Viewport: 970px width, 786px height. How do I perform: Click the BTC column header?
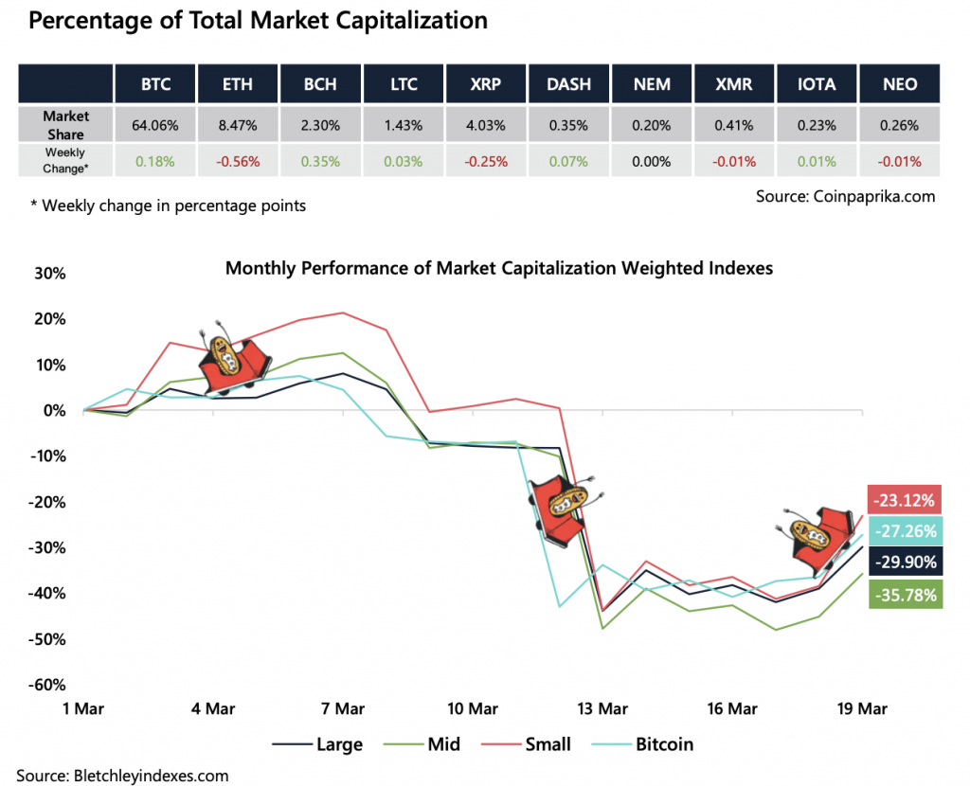click(x=155, y=83)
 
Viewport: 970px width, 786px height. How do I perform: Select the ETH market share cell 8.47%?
click(x=238, y=124)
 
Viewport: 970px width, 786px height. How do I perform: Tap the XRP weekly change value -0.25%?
click(x=485, y=160)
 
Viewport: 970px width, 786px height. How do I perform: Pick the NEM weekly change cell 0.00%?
click(x=652, y=160)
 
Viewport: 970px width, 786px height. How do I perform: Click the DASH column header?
click(x=568, y=83)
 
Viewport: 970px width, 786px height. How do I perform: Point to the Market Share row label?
click(x=66, y=124)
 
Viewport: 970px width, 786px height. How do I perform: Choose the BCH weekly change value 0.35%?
click(x=321, y=160)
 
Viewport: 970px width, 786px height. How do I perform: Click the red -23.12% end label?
click(x=904, y=499)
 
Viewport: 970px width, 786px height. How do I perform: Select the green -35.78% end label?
click(x=904, y=594)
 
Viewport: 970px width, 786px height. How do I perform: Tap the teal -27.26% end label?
click(x=904, y=530)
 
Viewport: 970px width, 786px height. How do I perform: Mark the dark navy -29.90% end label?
click(x=904, y=562)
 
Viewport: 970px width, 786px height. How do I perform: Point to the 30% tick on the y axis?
click(x=49, y=274)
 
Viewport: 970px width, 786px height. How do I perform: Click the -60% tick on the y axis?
click(x=46, y=685)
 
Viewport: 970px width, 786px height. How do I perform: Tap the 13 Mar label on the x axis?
click(x=602, y=708)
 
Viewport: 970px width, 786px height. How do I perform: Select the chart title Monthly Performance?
click(x=498, y=268)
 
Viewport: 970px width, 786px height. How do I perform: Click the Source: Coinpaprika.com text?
click(x=845, y=196)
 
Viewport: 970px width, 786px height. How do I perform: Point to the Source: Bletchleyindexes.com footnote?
click(x=122, y=775)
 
